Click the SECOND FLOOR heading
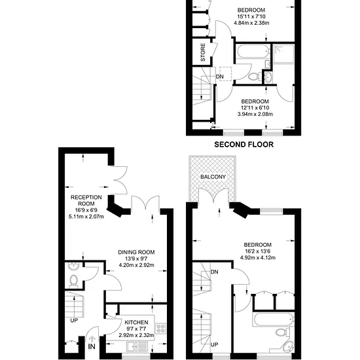(244, 145)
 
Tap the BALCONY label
(213, 177)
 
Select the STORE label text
(203, 52)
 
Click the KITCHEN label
(136, 322)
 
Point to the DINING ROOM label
(136, 252)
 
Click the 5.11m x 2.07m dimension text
(86, 216)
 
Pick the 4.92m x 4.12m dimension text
(258, 257)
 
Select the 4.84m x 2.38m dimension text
(251, 23)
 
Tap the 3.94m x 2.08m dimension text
(255, 114)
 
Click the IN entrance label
(92, 346)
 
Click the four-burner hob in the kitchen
(161, 328)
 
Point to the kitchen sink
(137, 347)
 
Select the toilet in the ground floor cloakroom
(73, 281)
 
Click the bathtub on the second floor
(253, 51)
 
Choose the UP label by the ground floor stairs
(74, 320)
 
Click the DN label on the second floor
(220, 77)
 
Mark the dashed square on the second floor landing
(225, 74)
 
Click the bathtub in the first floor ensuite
(273, 319)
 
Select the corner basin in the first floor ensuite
(288, 347)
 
